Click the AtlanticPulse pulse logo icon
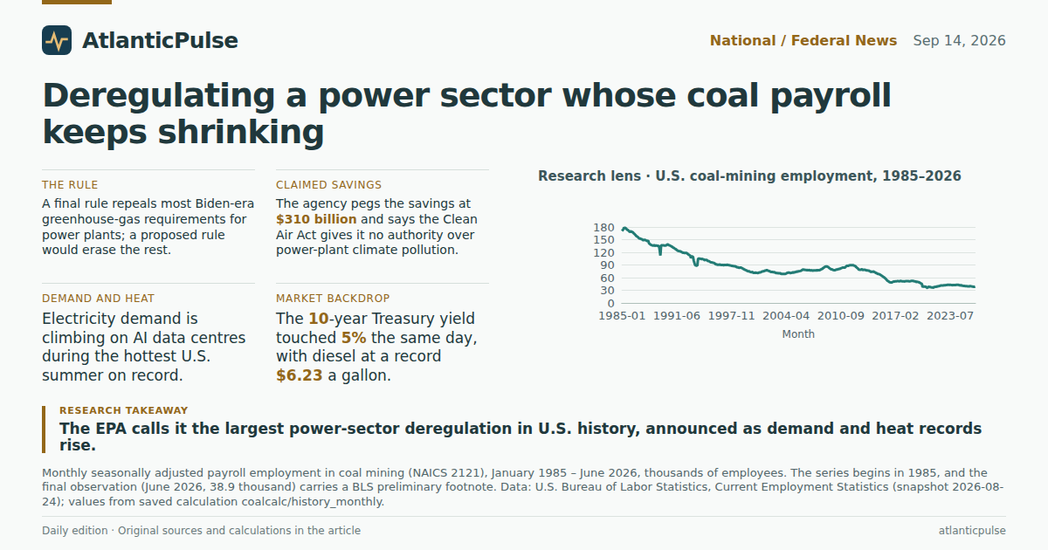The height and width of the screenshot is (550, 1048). coord(57,40)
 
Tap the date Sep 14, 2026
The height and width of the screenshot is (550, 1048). coord(959,41)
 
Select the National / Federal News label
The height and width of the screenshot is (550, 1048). coord(803,41)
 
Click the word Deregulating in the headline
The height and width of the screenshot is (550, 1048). coord(159,96)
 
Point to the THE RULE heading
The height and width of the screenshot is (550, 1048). coord(70,185)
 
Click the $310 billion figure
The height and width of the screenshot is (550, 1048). coord(316,219)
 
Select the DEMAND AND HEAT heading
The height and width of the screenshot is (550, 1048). coord(98,299)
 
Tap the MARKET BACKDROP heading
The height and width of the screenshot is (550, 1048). coord(333,299)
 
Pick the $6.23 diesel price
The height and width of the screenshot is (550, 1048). coord(300,375)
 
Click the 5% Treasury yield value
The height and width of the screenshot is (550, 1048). coord(354,338)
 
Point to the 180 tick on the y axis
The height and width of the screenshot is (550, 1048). coord(603,228)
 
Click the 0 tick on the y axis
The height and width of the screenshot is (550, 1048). coord(610,304)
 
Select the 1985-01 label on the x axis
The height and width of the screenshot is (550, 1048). coord(622,316)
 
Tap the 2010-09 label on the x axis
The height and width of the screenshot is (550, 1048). coord(841,316)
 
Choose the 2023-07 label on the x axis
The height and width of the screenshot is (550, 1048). coord(950,316)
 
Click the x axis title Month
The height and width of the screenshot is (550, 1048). coord(798,334)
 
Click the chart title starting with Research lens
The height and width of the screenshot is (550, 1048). coord(749,176)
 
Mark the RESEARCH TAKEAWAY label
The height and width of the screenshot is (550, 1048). coord(123,410)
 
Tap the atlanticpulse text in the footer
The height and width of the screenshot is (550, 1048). coord(972,531)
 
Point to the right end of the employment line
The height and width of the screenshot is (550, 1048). coord(975,287)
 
